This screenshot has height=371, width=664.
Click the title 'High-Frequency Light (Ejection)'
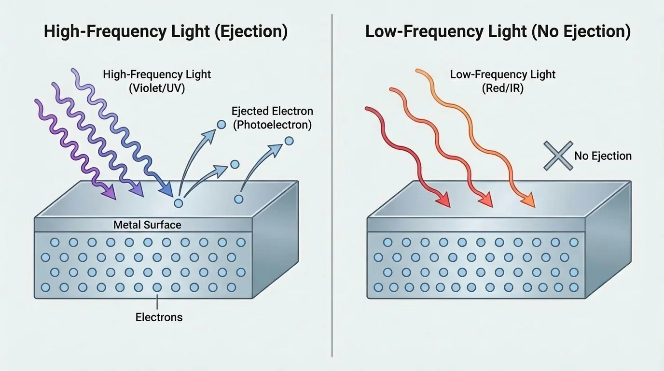166,32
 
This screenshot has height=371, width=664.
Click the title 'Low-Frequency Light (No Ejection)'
498,32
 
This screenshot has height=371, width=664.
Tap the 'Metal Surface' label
147,225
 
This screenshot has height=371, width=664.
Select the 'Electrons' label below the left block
159,317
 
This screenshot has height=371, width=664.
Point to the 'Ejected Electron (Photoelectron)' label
272,118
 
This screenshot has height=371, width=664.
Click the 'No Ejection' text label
603,156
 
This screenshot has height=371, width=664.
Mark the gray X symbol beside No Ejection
558,156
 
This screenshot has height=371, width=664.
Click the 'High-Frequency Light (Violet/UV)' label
157,81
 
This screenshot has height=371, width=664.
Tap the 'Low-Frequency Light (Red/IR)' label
502,81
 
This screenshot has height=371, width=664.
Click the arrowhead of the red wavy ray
443,200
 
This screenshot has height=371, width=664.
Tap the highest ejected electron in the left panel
221,125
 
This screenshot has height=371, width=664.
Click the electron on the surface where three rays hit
179,203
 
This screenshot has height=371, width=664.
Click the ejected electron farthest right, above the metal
289,141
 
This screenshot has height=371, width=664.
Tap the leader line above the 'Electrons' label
158,301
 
